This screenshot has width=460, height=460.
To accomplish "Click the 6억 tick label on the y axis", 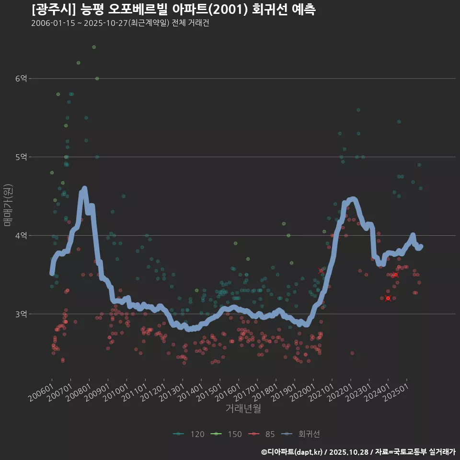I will point(22,79).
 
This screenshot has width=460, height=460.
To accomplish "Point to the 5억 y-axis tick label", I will point(22,157).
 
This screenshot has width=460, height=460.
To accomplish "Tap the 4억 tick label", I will point(22,236).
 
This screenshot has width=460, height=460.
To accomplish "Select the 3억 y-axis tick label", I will point(22,314).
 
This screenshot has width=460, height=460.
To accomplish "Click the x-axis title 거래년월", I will point(243,409).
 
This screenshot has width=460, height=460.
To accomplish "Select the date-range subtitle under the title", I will point(120,23).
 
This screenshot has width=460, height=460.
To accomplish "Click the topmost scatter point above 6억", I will point(94,47).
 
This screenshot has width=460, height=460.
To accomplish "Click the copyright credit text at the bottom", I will point(358,452).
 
